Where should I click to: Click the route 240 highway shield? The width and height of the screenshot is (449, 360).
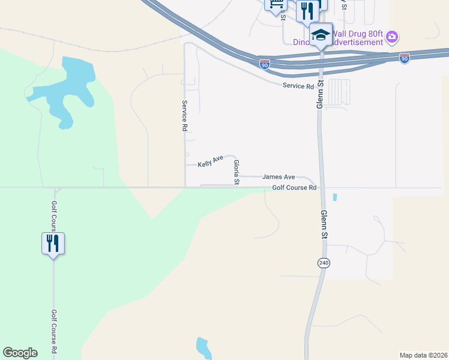pyautogui.click(x=324, y=263)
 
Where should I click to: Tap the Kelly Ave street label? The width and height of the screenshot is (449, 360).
pyautogui.click(x=210, y=160)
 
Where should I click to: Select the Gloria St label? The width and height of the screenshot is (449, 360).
pyautogui.click(x=237, y=172)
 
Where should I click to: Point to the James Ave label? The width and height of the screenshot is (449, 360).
pyautogui.click(x=279, y=177)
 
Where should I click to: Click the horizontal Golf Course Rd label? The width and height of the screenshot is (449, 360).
pyautogui.click(x=294, y=188)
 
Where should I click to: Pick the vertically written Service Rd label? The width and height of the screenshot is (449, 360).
pyautogui.click(x=185, y=116)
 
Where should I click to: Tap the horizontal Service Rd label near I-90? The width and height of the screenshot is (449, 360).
pyautogui.click(x=298, y=86)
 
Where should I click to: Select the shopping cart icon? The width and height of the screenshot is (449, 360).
pyautogui.click(x=276, y=5)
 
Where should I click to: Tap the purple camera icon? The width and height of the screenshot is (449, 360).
pyautogui.click(x=392, y=37)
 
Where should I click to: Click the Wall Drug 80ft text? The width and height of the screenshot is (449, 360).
pyautogui.click(x=357, y=34)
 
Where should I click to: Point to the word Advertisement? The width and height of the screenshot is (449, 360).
pyautogui.click(x=355, y=43)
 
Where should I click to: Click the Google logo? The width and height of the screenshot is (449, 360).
pyautogui.click(x=20, y=353)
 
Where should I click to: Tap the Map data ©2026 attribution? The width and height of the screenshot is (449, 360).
pyautogui.click(x=423, y=355)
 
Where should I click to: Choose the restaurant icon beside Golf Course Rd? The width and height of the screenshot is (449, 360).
pyautogui.click(x=53, y=243)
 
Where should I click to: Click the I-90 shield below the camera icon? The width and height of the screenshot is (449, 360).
pyautogui.click(x=405, y=58)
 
